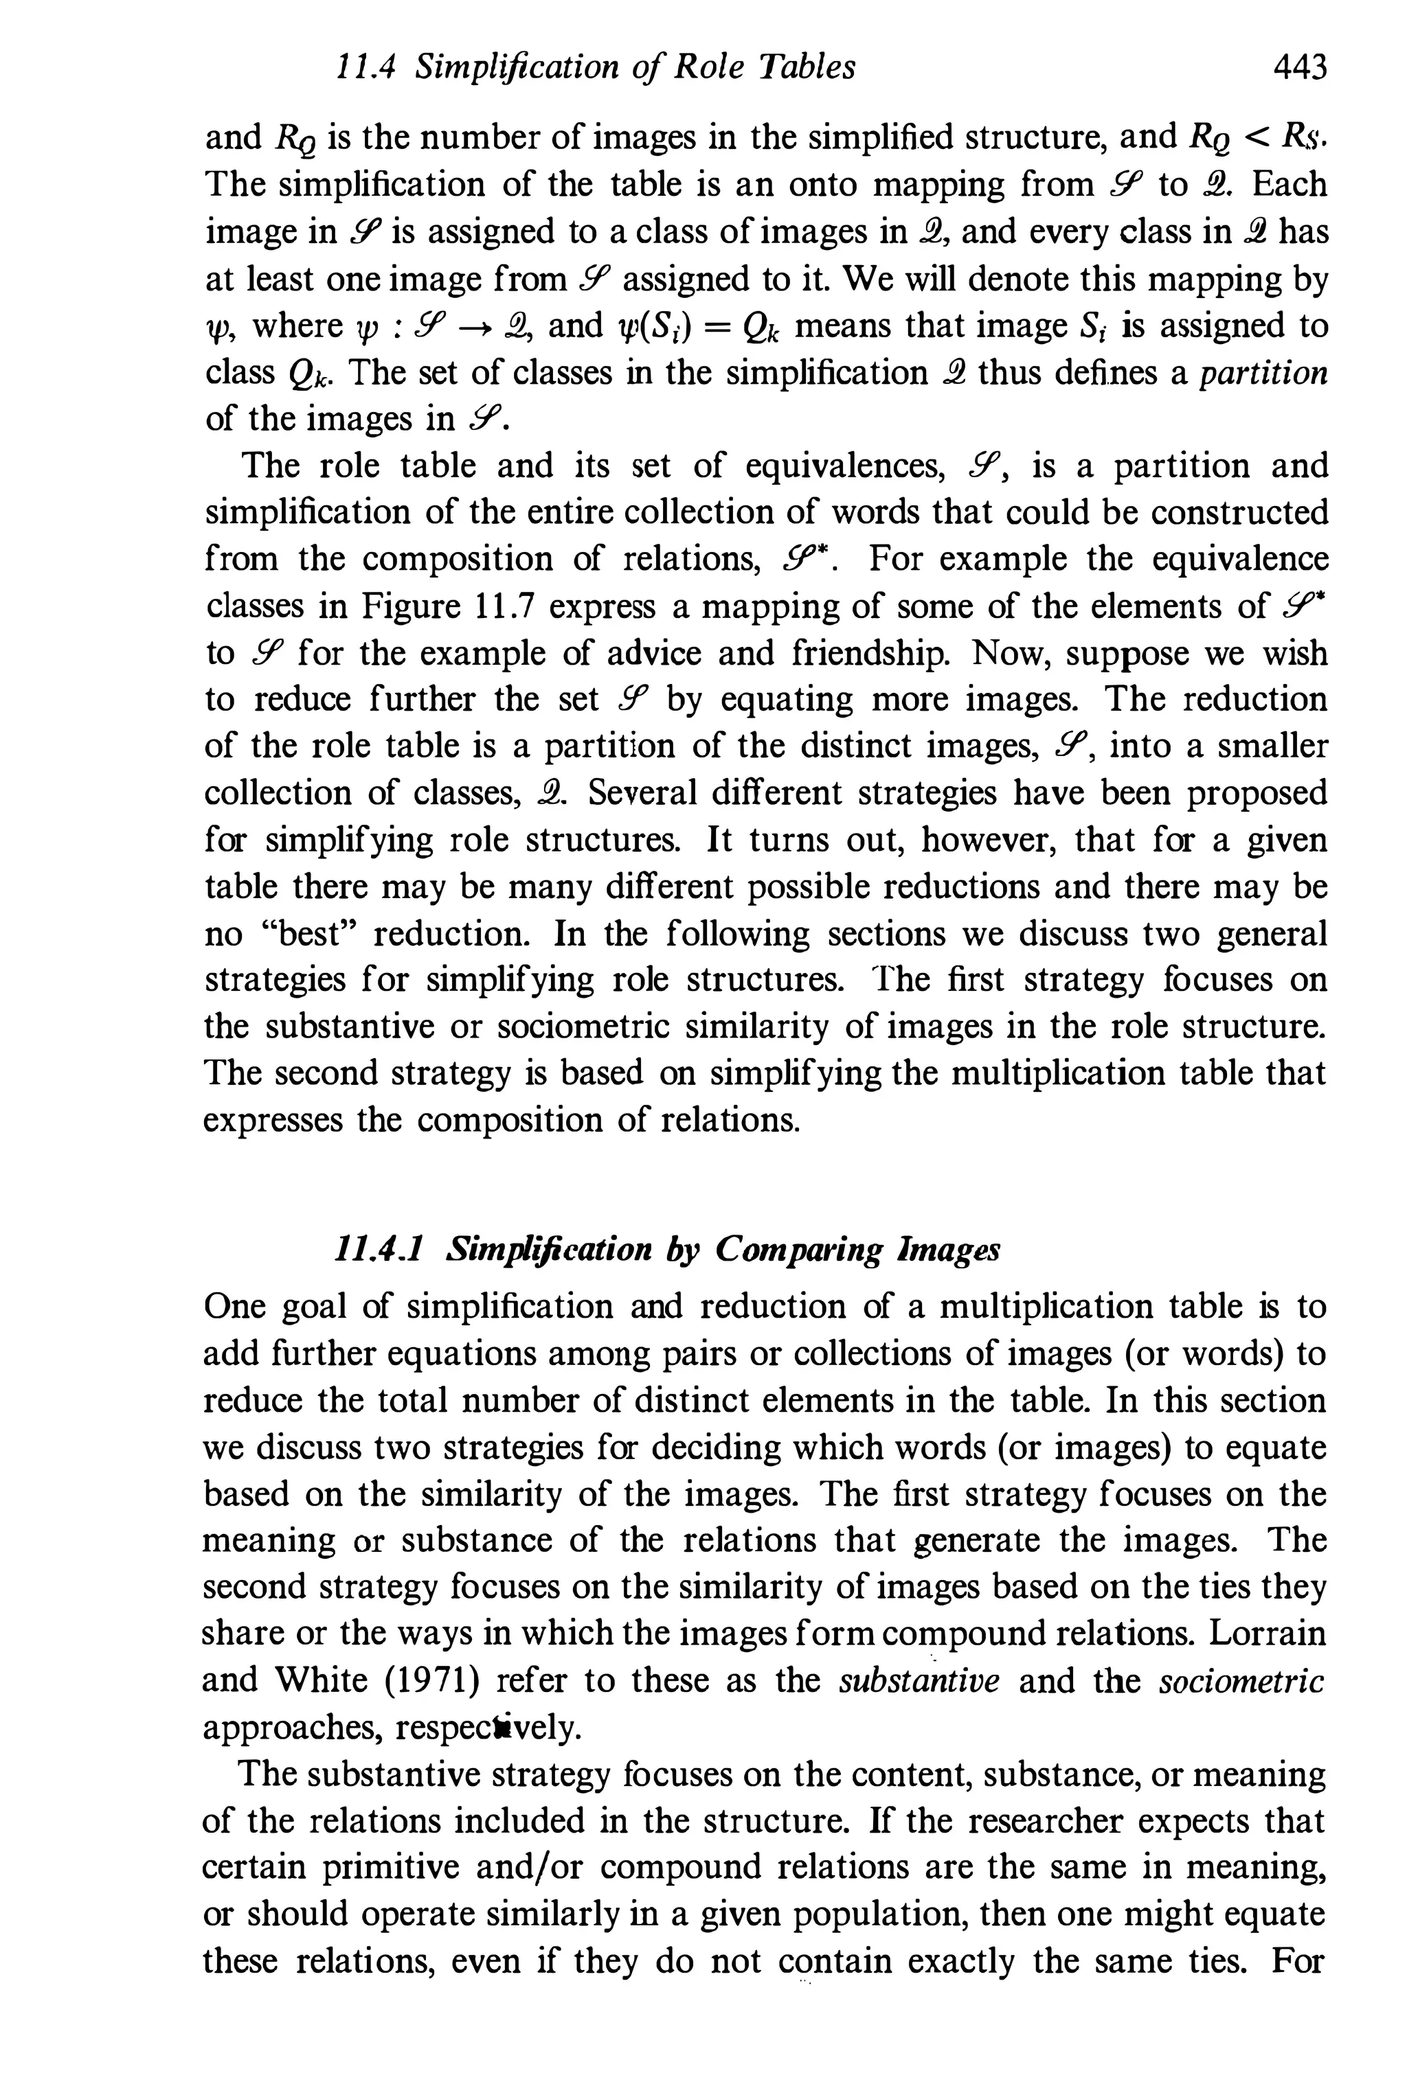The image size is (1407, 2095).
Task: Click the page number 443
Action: [1299, 68]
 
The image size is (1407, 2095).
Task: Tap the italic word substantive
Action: [919, 1679]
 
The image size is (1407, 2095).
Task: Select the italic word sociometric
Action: [1241, 1679]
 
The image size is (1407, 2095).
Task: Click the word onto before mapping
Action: [824, 185]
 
